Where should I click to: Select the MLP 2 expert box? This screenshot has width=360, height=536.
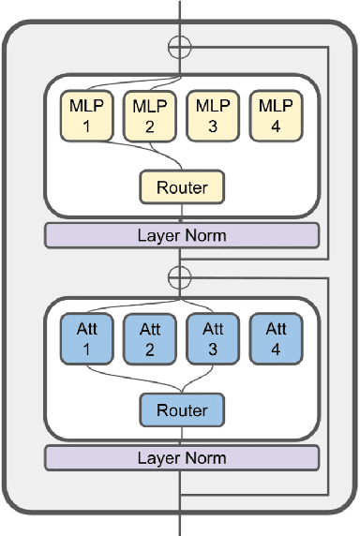pyautogui.click(x=148, y=113)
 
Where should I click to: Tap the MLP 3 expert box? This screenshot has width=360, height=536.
pyautogui.click(x=212, y=113)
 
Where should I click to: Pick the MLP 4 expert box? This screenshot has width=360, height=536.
pyautogui.click(x=275, y=113)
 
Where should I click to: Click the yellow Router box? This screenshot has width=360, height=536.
pyautogui.click(x=182, y=187)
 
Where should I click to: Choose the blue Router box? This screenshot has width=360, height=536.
pyautogui.click(x=182, y=409)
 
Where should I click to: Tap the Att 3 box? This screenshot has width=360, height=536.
pyautogui.click(x=212, y=338)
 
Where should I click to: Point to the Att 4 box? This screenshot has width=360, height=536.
pyautogui.click(x=275, y=338)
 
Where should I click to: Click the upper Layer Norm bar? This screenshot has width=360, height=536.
pyautogui.click(x=182, y=235)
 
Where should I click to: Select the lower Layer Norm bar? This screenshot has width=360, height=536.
pyautogui.click(x=182, y=458)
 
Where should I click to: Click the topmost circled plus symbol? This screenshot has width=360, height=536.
pyautogui.click(x=178, y=47)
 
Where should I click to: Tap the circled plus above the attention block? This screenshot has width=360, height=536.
pyautogui.click(x=178, y=276)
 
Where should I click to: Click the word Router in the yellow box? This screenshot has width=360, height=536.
pyautogui.click(x=182, y=187)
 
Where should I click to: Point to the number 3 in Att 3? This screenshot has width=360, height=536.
pyautogui.click(x=212, y=349)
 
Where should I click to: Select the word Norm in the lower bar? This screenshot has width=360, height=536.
pyautogui.click(x=205, y=458)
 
